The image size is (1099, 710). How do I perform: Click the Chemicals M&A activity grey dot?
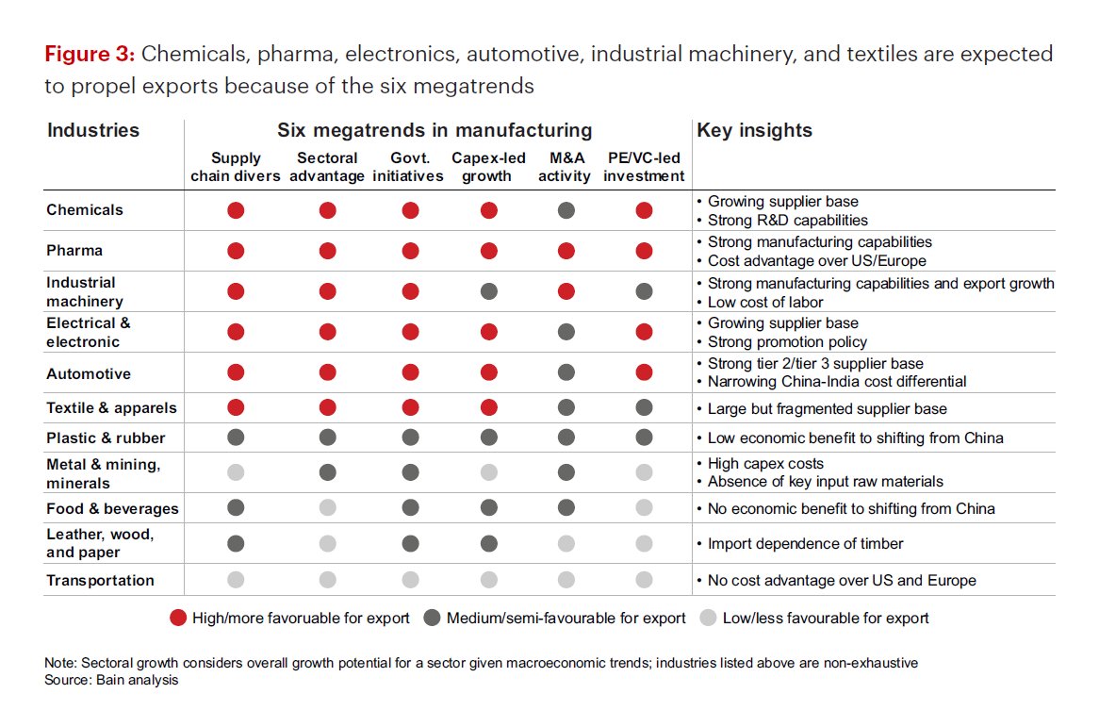point(566,210)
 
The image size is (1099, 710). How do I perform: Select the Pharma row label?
point(74,251)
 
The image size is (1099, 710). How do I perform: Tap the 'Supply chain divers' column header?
point(236,167)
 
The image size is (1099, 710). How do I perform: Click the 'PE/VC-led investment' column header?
point(644,167)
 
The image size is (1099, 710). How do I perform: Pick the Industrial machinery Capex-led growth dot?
point(488,292)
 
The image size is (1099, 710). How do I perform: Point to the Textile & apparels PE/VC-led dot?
point(644,407)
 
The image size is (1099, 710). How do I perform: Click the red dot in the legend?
point(177,619)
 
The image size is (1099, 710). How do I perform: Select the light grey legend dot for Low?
point(709,619)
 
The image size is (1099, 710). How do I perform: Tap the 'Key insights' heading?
point(753,131)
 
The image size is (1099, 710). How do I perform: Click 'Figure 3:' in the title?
point(90,55)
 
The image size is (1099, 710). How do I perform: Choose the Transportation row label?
point(100,581)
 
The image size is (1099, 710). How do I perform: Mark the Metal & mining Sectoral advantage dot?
point(327,472)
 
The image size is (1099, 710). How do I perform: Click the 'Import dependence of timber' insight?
point(805,543)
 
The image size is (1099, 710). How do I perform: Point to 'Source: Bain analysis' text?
point(111,679)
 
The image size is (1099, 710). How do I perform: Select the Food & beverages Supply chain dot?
point(236,508)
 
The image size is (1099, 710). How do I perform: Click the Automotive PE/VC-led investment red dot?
point(644,373)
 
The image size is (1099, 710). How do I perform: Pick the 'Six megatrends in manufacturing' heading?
point(435,131)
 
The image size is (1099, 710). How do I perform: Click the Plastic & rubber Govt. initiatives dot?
point(410,438)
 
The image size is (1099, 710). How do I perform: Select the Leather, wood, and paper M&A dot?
point(566,543)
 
